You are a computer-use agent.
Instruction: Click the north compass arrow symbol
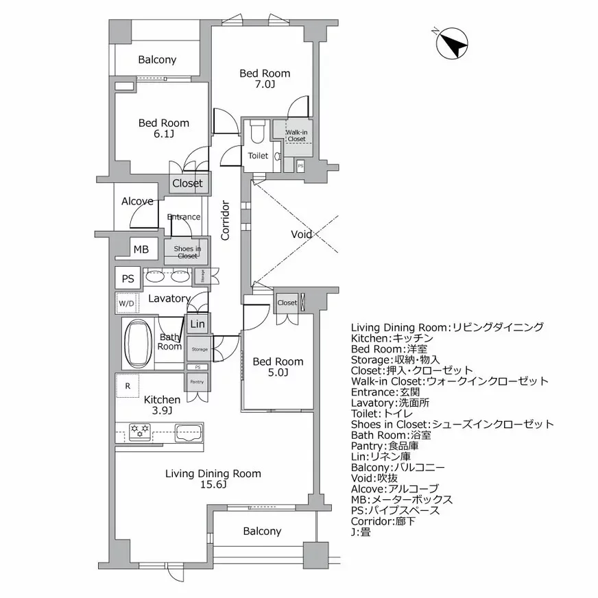(452, 43)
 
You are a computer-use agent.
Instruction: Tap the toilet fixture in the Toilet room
(258, 130)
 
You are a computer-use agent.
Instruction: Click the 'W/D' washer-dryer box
(127, 302)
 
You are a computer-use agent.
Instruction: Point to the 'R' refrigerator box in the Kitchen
(128, 385)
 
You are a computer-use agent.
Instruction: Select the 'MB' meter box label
(141, 250)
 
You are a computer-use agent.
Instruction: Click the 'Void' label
(302, 235)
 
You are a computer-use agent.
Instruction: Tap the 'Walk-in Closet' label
(296, 135)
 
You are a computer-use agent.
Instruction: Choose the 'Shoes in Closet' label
(187, 252)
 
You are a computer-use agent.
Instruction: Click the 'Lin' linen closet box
(198, 324)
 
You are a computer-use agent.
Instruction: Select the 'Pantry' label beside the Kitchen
(197, 382)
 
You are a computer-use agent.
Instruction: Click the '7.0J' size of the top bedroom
(264, 85)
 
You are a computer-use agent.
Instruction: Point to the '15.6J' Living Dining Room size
(213, 485)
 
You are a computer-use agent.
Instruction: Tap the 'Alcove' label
(137, 202)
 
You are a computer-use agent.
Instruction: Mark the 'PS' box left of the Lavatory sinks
(128, 278)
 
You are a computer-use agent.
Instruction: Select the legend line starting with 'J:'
(361, 531)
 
